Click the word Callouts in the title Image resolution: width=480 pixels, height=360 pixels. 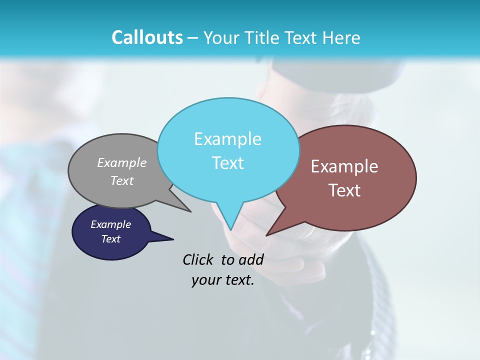pos(147,37)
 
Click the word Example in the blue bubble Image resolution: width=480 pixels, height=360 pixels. pos(227,139)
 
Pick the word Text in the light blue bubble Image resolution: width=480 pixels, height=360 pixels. pos(227,163)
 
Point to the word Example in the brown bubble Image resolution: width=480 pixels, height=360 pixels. pos(344,166)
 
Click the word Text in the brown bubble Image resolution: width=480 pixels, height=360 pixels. pos(344,190)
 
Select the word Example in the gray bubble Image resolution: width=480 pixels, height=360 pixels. pos(121,162)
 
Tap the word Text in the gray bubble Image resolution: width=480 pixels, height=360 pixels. pos(121,180)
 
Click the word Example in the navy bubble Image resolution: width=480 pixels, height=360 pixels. pos(110,224)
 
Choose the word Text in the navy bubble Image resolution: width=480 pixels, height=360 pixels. pos(110,239)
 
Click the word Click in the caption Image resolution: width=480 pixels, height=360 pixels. pos(197,259)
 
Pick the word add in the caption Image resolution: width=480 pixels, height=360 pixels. pos(250,259)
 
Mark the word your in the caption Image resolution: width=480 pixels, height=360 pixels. pos(205,280)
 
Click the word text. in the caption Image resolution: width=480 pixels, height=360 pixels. pos(237,280)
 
